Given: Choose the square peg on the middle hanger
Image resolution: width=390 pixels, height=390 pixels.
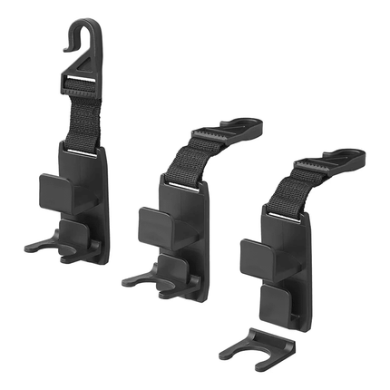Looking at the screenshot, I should [155, 223].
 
